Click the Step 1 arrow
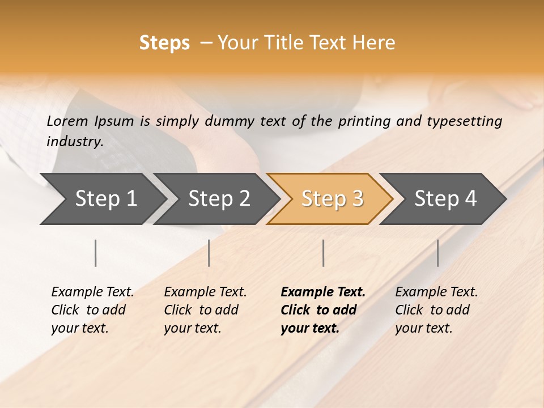105,199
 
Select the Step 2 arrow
219,199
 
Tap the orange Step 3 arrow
332,199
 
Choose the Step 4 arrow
445,199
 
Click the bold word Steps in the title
164,43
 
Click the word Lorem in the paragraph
67,121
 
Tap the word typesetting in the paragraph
462,121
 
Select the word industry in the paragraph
74,141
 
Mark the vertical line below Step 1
96,253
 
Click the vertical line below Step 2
209,253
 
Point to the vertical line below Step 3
324,253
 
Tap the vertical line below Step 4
437,253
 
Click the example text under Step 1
92,310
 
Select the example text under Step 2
205,310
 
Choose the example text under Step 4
436,310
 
